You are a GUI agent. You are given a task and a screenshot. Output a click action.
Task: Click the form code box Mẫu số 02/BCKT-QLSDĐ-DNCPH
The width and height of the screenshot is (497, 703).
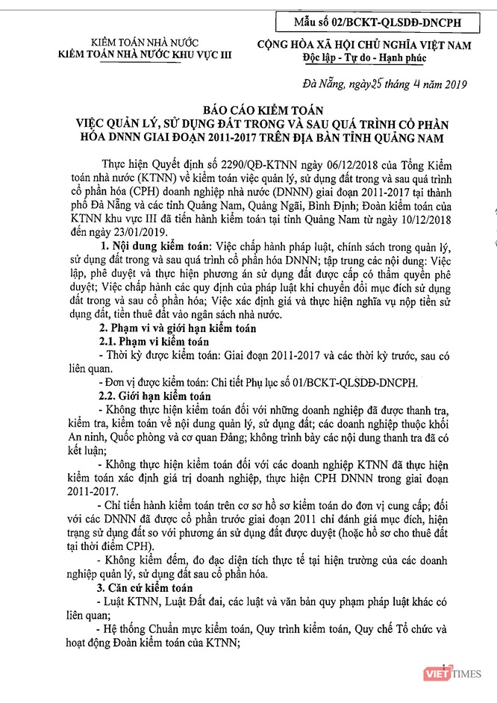pyautogui.click(x=378, y=23)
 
